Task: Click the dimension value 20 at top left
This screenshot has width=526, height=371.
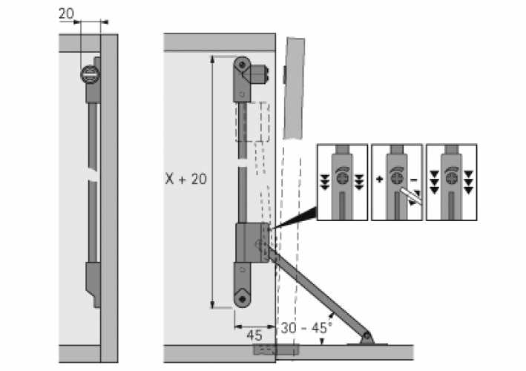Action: tap(66, 13)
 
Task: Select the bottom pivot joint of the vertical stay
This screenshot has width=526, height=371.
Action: tap(243, 298)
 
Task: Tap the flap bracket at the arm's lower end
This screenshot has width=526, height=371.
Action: tap(366, 338)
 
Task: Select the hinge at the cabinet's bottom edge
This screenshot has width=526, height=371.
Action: tap(274, 348)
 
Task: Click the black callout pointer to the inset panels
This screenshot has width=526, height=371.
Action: tap(293, 220)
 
